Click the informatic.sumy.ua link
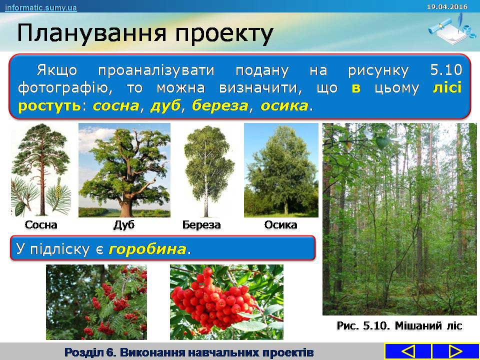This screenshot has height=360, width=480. [x=40, y=7]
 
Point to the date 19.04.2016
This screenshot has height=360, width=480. [x=447, y=6]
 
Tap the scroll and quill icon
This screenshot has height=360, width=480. [x=449, y=28]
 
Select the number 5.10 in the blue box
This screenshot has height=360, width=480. [x=445, y=70]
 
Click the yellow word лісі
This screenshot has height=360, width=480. [x=447, y=87]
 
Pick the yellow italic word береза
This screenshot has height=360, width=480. [x=219, y=106]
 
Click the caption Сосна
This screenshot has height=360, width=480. [x=40, y=224]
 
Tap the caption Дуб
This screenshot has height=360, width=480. [x=124, y=224]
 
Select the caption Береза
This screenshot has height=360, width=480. [x=201, y=224]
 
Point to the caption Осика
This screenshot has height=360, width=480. [x=280, y=224]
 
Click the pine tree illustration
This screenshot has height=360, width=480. [x=41, y=169]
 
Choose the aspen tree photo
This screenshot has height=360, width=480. [x=281, y=170]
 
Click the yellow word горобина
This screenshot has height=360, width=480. [x=147, y=249]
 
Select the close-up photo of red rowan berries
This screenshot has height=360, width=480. [x=226, y=302]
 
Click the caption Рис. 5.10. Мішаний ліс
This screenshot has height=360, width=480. [x=399, y=325]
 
